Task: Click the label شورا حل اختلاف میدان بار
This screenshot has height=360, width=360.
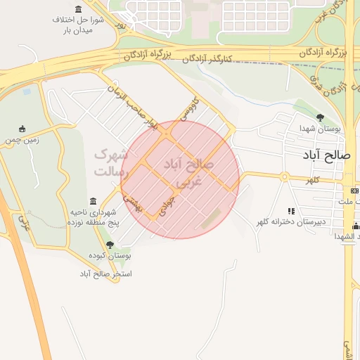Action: click(x=78, y=25)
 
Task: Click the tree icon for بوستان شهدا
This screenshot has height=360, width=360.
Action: click(x=321, y=117)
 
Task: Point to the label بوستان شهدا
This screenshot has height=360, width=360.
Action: click(x=320, y=130)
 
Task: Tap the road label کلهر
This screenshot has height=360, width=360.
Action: click(x=312, y=181)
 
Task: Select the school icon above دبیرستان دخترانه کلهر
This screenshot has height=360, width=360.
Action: click(x=290, y=210)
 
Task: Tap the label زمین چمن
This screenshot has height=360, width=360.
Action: click(x=21, y=140)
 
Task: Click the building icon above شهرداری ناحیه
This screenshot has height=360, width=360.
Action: click(x=94, y=201)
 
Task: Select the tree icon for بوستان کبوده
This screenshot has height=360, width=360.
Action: click(x=110, y=245)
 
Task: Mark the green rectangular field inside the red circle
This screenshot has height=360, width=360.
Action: click(x=210, y=219)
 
